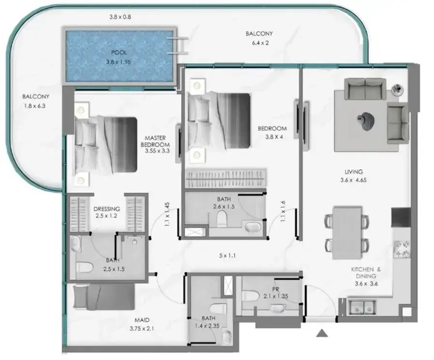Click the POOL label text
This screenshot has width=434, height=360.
pyautogui.click(x=119, y=53)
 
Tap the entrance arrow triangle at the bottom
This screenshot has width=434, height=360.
pyautogui.click(x=322, y=333)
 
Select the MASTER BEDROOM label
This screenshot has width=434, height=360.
pyautogui.click(x=155, y=141)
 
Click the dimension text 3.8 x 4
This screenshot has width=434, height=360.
pyautogui.click(x=274, y=137)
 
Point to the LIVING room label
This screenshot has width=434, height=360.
pyautogui.click(x=353, y=172)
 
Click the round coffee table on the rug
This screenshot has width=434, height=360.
pyautogui.click(x=366, y=121)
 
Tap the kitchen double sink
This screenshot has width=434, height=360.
pyautogui.click(x=361, y=307)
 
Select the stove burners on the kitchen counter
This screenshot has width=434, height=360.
pyautogui.click(x=402, y=249)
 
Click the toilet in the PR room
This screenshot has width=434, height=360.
pyautogui.click(x=250, y=296)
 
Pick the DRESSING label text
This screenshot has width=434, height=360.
pyautogui.click(x=106, y=209)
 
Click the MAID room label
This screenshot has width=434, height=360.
pyautogui.click(x=142, y=320)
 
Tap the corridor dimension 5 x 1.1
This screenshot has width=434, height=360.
pyautogui.click(x=227, y=256)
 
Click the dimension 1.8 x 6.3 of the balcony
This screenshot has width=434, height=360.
pyautogui.click(x=35, y=106)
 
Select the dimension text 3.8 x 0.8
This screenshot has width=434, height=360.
pyautogui.click(x=120, y=17)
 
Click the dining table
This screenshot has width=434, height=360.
pyautogui.click(x=347, y=232)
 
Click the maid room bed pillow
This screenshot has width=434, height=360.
pyautogui.click(x=81, y=297)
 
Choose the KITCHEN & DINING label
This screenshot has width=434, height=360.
pyautogui.click(x=366, y=273)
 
